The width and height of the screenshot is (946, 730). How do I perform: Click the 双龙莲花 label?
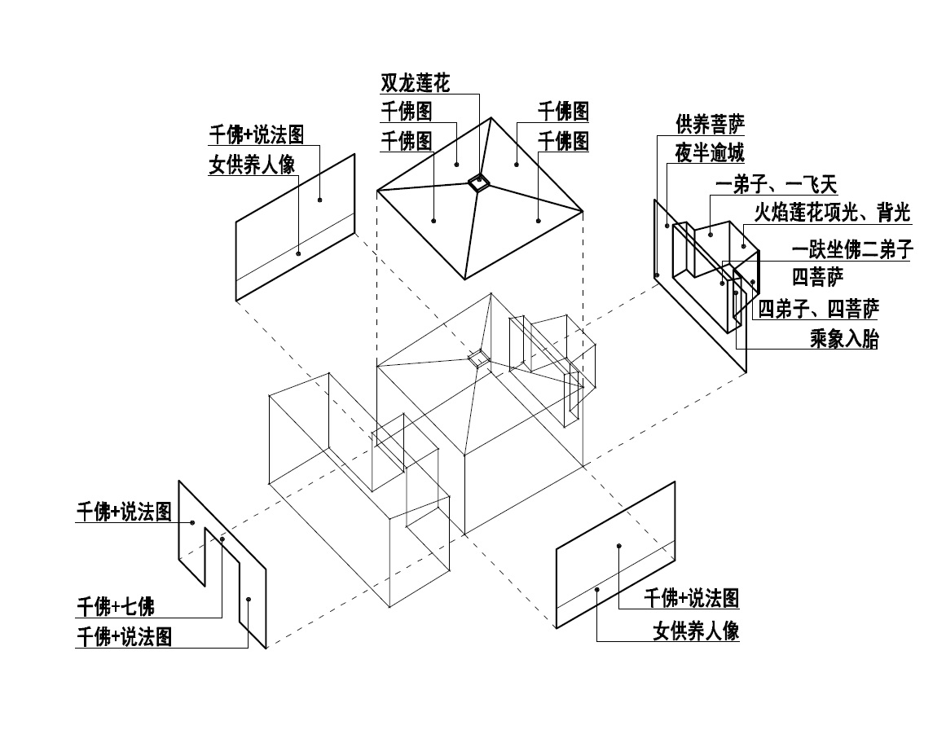416,83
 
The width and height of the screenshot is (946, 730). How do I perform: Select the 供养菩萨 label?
710,124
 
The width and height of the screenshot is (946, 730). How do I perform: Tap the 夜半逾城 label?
710,153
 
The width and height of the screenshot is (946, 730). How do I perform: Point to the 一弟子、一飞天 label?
776,186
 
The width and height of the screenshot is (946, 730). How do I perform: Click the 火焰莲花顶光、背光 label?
832,213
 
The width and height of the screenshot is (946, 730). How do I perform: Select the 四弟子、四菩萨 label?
819,309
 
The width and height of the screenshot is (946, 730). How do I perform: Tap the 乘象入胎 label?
844,339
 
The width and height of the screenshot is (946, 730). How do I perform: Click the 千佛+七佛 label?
115,606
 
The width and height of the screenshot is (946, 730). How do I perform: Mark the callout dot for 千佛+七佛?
222,539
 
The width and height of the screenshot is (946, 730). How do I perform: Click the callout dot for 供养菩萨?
657,276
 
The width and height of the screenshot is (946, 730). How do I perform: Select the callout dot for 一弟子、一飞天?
711,235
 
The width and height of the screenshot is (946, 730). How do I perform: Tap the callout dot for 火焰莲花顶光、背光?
744,245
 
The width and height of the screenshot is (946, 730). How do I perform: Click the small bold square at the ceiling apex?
478,183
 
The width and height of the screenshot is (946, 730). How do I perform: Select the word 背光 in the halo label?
893,213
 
